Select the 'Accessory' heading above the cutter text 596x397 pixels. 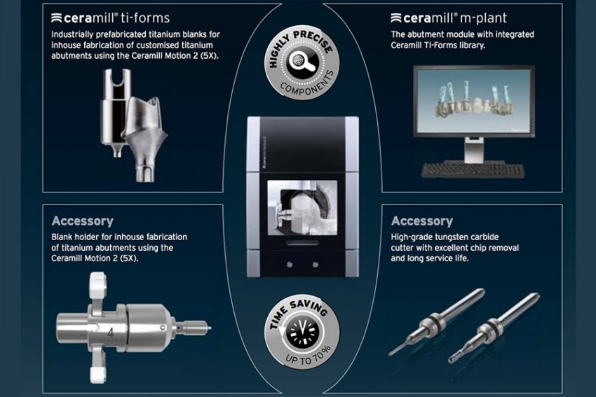[421, 221]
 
